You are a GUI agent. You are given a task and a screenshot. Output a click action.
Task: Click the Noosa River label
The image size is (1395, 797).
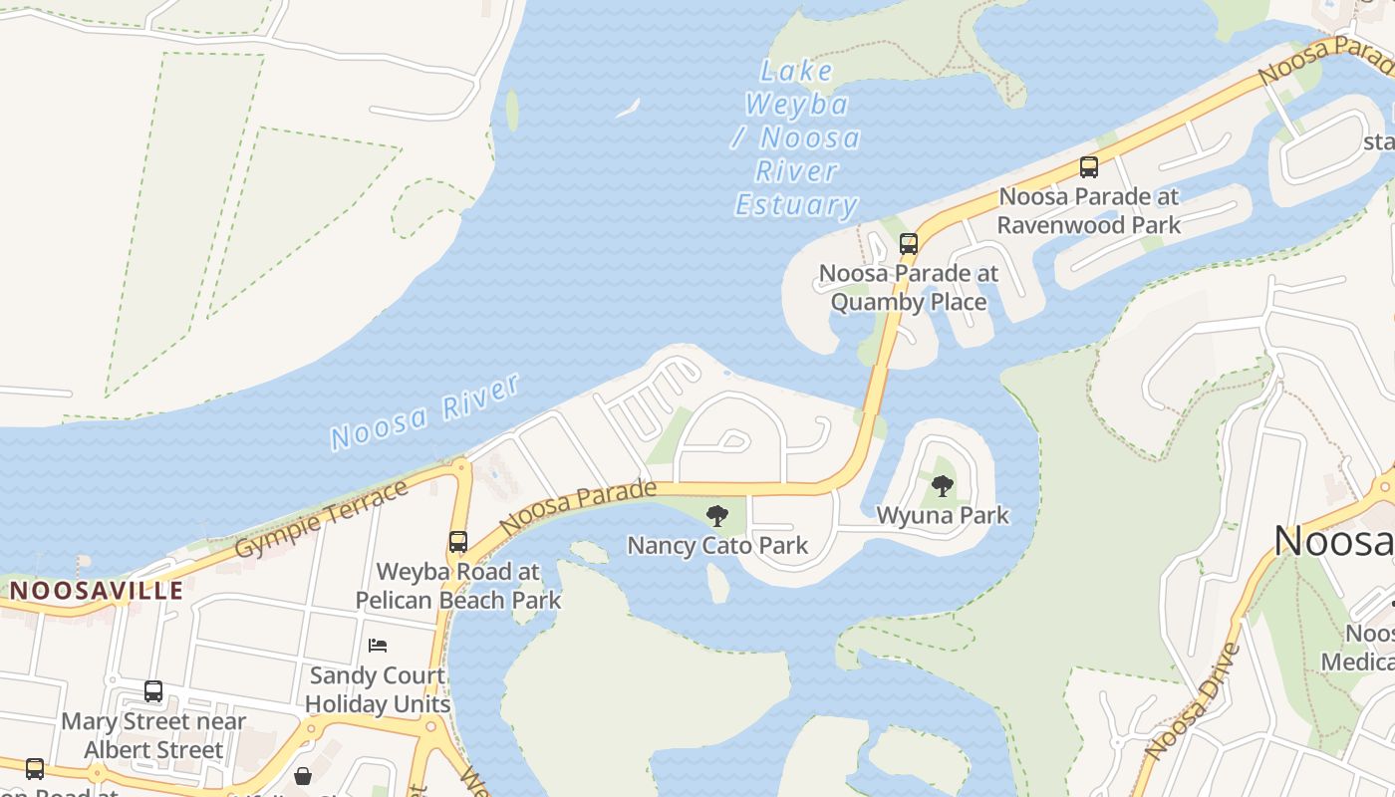click(x=424, y=411)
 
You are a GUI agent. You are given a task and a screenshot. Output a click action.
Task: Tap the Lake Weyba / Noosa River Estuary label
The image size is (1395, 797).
click(x=797, y=138)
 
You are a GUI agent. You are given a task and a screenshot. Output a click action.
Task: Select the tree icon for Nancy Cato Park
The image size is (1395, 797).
click(x=716, y=516)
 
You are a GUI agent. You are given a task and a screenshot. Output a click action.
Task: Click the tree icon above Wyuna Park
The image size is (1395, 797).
click(x=942, y=486)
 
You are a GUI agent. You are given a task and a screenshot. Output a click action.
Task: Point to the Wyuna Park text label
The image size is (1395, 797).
click(x=943, y=515)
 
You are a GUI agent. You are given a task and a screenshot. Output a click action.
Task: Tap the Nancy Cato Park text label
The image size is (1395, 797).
click(x=717, y=546)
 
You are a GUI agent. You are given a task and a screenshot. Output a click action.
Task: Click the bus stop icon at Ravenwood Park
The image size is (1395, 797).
click(x=1089, y=167)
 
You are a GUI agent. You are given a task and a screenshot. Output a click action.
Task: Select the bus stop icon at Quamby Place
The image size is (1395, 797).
click(x=908, y=243)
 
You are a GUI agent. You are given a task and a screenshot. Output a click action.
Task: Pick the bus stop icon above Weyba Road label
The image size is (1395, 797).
click(x=458, y=542)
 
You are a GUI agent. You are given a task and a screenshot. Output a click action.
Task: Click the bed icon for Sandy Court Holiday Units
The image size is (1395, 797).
click(x=378, y=646)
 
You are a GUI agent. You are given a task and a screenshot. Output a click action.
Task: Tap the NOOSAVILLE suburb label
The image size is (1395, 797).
click(x=97, y=590)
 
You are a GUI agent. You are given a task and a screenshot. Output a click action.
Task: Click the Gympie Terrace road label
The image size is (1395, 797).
click(x=322, y=519)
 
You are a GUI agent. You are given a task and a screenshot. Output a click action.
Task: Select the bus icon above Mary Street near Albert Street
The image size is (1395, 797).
click(x=153, y=691)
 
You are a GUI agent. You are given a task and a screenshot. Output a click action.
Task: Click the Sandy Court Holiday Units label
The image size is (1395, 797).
click(x=378, y=689)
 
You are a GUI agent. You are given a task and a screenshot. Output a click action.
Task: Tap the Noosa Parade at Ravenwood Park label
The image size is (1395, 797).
click(x=1089, y=210)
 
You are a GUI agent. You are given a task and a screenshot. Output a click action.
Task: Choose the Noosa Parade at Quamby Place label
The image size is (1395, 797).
click(x=908, y=287)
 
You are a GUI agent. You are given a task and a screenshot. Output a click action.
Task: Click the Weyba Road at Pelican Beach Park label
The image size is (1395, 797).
click(x=458, y=586)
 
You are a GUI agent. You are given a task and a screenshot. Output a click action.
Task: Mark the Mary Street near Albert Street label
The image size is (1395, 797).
click(x=153, y=735)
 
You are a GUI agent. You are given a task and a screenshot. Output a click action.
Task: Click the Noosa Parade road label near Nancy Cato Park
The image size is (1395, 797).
click(x=578, y=506)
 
